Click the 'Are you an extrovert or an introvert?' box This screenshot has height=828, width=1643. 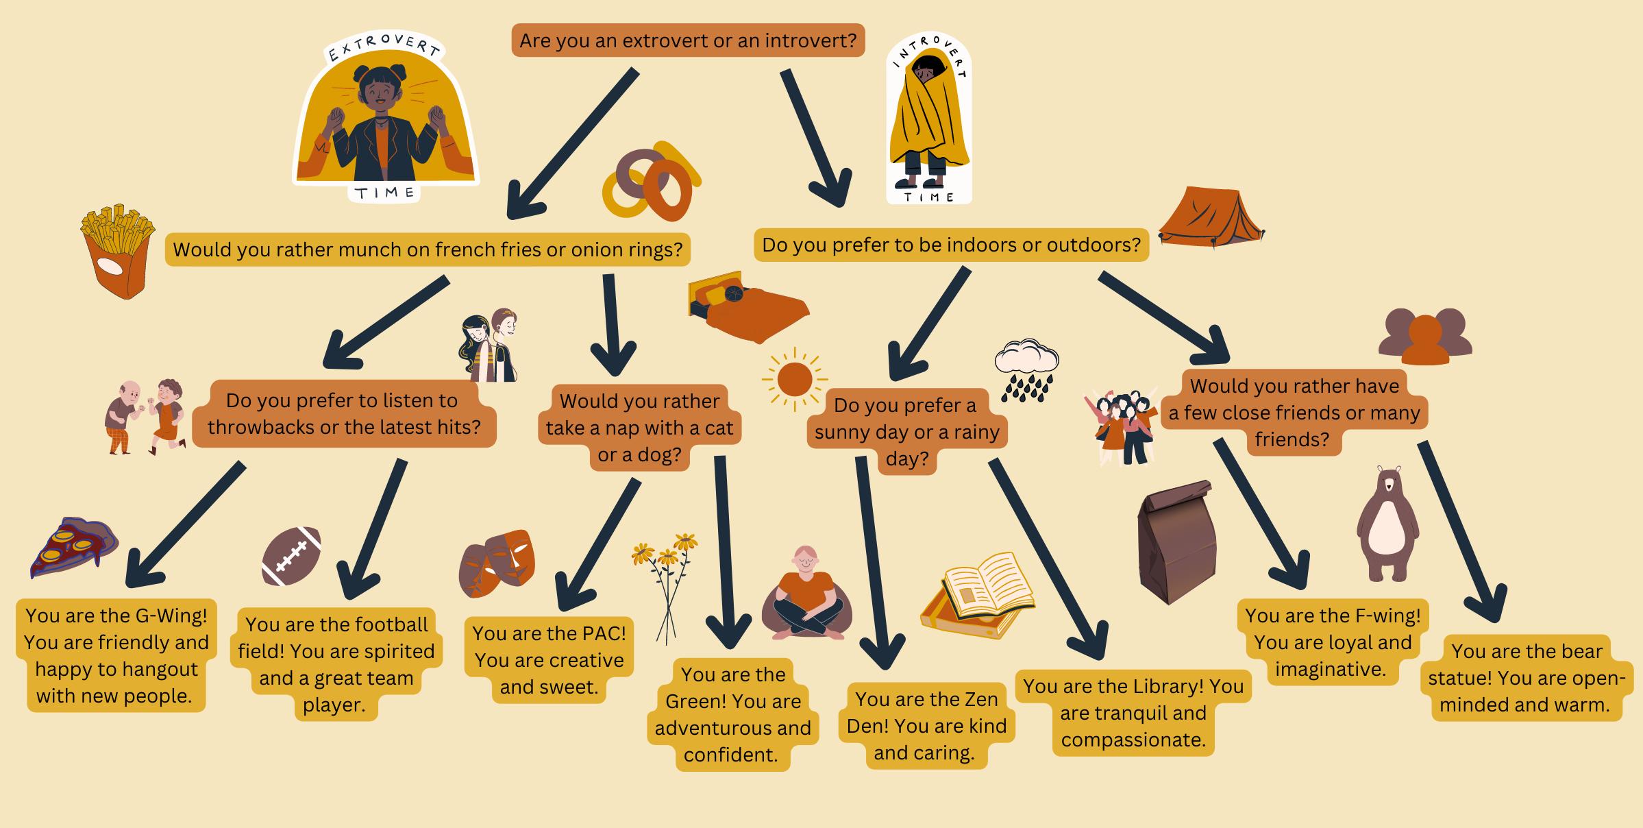point(688,40)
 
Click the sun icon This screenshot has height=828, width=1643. point(795,379)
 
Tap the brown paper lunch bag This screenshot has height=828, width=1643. point(1176,541)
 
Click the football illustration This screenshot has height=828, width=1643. point(291,555)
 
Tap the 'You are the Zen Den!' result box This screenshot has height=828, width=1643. point(926,725)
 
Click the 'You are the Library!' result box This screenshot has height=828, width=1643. point(1133,713)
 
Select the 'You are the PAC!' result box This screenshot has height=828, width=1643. point(549,659)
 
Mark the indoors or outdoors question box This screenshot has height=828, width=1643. point(951,245)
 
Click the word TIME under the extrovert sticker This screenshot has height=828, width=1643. point(386,193)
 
